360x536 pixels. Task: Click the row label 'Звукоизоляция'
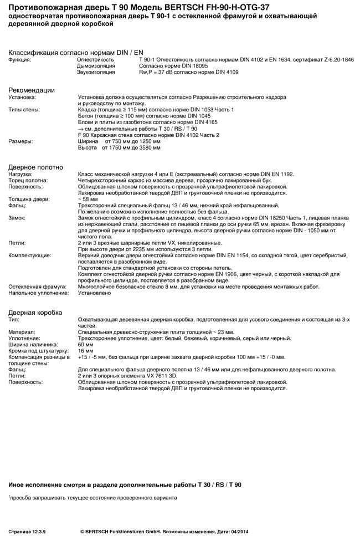(x=96, y=72)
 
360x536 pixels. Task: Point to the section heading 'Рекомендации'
(x=32, y=90)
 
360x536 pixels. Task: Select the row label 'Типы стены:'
(x=24, y=110)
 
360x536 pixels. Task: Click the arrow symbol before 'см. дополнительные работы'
(x=81, y=129)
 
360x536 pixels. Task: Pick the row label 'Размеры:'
(x=20, y=141)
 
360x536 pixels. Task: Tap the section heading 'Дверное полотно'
(x=35, y=167)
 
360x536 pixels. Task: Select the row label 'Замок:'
(x=17, y=218)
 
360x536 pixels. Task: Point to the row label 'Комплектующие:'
(x=30, y=256)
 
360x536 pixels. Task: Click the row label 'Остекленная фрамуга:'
(x=37, y=287)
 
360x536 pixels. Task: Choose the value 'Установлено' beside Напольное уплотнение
(x=94, y=293)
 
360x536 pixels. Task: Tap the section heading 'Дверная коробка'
(x=35, y=313)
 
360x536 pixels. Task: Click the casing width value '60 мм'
(x=85, y=344)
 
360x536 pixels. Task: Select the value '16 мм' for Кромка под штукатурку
(x=85, y=351)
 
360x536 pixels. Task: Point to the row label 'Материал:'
(x=22, y=332)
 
